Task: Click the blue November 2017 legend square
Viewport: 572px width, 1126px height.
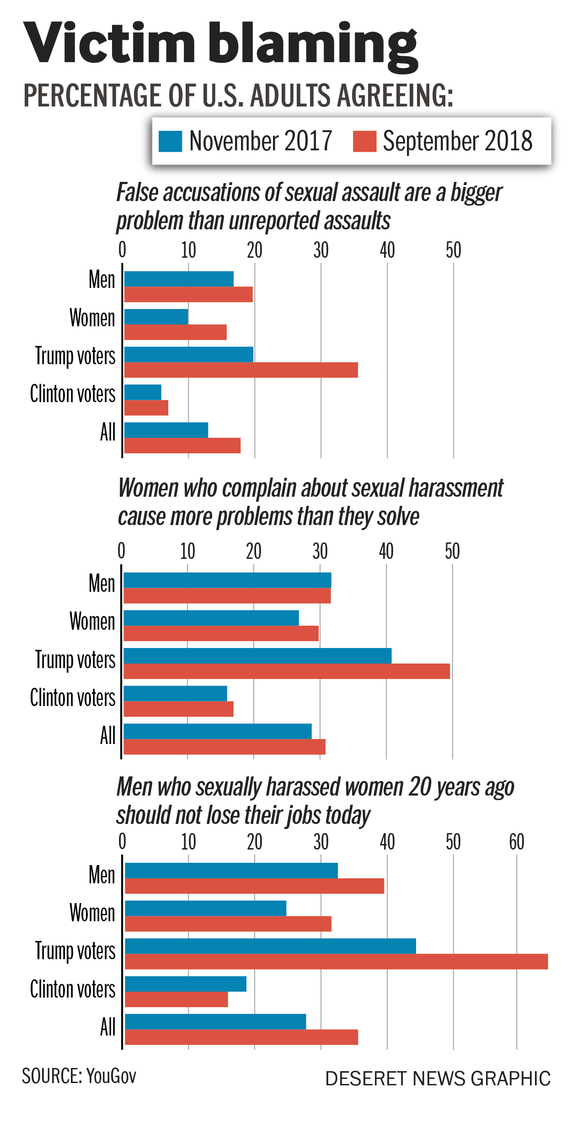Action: tap(170, 141)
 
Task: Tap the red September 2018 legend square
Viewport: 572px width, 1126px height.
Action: tap(364, 141)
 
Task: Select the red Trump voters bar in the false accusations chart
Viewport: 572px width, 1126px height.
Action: tap(241, 370)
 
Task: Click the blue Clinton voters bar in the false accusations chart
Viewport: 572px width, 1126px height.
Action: tap(143, 392)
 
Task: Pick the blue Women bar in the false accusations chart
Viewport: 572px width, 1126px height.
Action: tap(156, 317)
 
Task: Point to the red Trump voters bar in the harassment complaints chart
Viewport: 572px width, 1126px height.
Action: tap(287, 671)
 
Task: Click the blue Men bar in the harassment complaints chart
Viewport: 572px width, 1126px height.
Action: tap(227, 580)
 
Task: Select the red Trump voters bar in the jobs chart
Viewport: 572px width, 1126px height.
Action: tap(336, 961)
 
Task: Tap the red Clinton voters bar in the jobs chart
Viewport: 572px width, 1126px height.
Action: tap(176, 999)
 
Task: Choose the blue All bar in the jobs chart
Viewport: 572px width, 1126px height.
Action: tap(215, 1021)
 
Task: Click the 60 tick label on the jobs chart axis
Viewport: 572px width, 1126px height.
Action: tap(517, 842)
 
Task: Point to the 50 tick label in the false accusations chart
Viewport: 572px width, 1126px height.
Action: tap(454, 250)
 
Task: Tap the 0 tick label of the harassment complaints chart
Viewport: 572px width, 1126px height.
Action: tap(121, 552)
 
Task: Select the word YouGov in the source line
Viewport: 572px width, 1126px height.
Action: tap(111, 1076)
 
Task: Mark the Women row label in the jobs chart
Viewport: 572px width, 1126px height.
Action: tap(92, 913)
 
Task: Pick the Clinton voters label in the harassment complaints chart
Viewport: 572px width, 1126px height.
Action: tap(73, 698)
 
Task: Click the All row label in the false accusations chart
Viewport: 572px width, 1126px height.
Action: tap(108, 432)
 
